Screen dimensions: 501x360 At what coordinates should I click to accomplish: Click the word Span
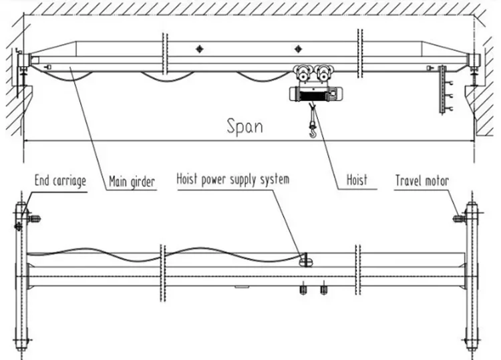[x=245, y=126]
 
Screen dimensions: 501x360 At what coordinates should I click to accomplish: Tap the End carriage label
[x=60, y=181]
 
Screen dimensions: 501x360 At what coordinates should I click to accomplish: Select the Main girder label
[x=132, y=182]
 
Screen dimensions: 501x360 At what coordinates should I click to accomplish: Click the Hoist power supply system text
[x=233, y=180]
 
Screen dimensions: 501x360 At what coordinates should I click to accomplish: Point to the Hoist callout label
[x=357, y=180]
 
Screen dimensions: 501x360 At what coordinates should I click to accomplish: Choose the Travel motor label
[x=422, y=180]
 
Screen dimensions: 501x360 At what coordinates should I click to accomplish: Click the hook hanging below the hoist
[x=313, y=131]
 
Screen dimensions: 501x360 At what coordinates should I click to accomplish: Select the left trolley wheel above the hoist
[x=302, y=73]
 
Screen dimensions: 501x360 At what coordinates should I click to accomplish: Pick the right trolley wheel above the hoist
[x=323, y=73]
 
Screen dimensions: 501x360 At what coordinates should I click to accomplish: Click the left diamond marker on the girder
[x=200, y=49]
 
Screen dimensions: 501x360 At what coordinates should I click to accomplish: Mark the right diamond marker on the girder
[x=298, y=49]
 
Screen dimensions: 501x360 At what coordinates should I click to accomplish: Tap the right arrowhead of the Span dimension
[x=471, y=140]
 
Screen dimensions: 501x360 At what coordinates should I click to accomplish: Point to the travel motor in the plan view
[x=459, y=218]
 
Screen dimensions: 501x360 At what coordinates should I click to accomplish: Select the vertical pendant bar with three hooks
[x=442, y=89]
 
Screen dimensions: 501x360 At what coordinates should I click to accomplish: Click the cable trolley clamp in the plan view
[x=306, y=260]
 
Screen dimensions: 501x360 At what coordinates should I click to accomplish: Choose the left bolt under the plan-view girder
[x=303, y=290]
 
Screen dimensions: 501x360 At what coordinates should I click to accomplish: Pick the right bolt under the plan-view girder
[x=324, y=290]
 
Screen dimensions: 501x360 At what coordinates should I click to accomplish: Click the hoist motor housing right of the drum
[x=334, y=94]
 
